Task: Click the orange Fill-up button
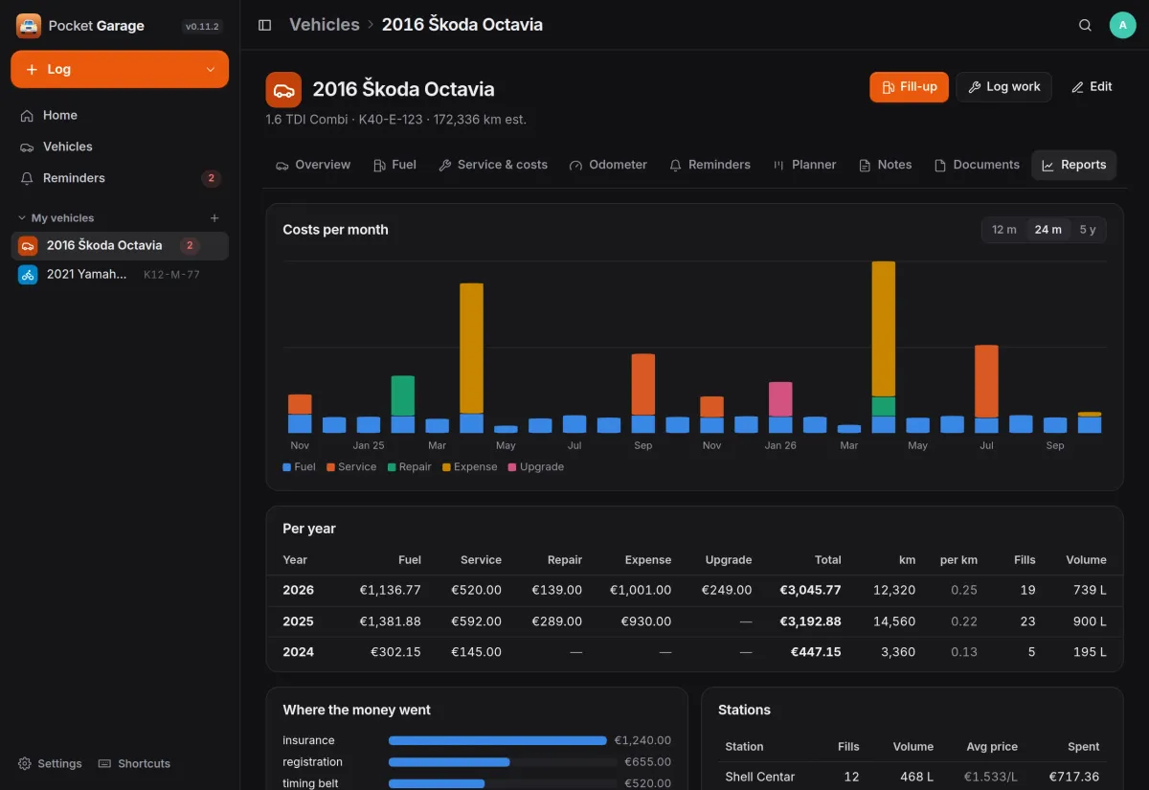click(x=909, y=87)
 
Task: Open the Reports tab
click(x=1073, y=165)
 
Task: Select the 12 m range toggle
click(x=1003, y=230)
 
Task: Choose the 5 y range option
click(x=1087, y=230)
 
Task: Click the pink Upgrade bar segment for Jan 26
click(x=780, y=399)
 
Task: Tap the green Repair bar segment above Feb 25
click(x=403, y=396)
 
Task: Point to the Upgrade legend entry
click(x=536, y=467)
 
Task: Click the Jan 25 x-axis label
click(x=369, y=445)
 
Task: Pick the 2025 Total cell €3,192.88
click(x=810, y=621)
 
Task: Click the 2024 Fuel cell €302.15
click(x=395, y=652)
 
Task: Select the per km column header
click(x=958, y=559)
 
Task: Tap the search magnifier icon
click(x=1085, y=25)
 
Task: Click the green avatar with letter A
click(x=1122, y=25)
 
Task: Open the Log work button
click(x=1003, y=87)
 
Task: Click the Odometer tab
click(x=608, y=165)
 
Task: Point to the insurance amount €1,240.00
click(x=642, y=740)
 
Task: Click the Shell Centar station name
click(x=759, y=777)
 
